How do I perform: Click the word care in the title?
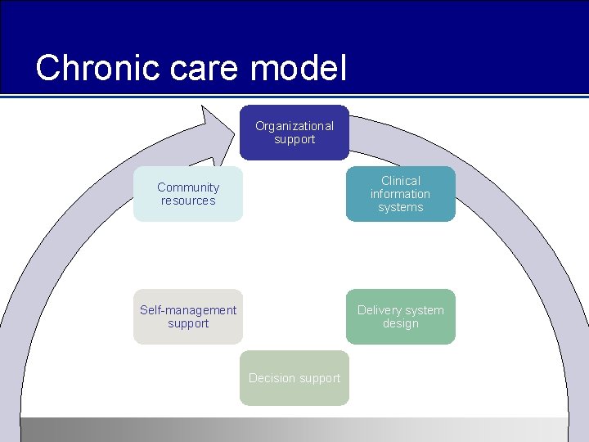pyautogui.click(x=194, y=68)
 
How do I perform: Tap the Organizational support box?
pyautogui.click(x=294, y=133)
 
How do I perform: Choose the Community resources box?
pyautogui.click(x=188, y=194)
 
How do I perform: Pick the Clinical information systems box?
pyautogui.click(x=400, y=194)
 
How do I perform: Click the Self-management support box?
pyautogui.click(x=188, y=317)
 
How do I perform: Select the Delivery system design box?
pyautogui.click(x=400, y=317)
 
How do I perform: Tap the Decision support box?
pyautogui.click(x=294, y=378)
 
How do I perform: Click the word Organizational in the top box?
pyautogui.click(x=294, y=126)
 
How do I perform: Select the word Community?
pyautogui.click(x=188, y=187)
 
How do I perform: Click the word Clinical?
pyautogui.click(x=401, y=181)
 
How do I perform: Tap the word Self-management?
pyautogui.click(x=188, y=310)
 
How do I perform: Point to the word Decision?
pyautogui.click(x=272, y=378)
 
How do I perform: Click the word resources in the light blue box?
pyautogui.click(x=188, y=201)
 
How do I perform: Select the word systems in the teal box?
pyautogui.click(x=401, y=207)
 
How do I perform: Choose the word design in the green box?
pyautogui.click(x=401, y=323)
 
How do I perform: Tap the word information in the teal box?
pyautogui.click(x=400, y=194)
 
